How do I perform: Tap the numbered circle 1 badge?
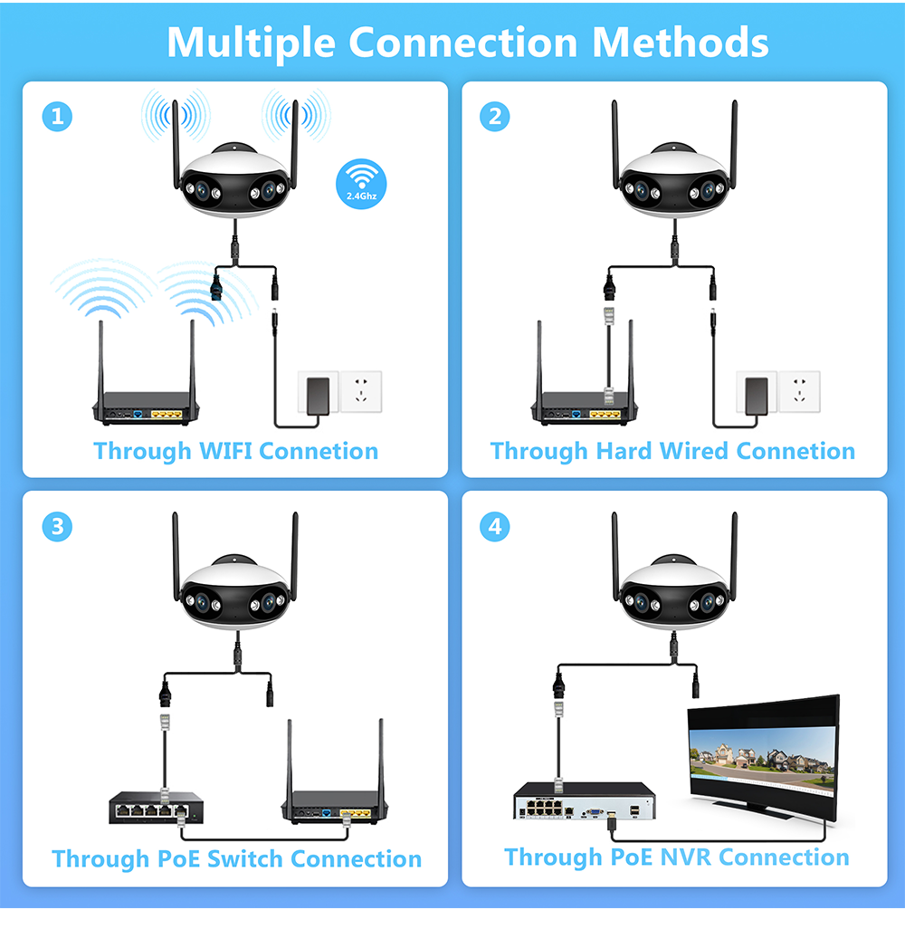[x=57, y=116]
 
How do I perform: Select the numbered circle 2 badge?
[x=494, y=116]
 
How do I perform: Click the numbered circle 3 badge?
[x=57, y=527]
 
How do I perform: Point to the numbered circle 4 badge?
[x=494, y=527]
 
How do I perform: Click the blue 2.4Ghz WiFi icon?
[x=361, y=184]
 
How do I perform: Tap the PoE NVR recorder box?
[x=585, y=800]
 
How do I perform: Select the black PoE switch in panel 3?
[x=157, y=808]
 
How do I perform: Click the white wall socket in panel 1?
[x=361, y=391]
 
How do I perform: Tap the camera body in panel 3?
[x=235, y=592]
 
